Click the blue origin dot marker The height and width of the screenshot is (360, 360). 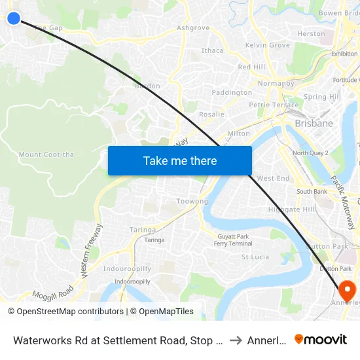click(x=13, y=18)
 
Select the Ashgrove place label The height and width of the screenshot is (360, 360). click(x=193, y=28)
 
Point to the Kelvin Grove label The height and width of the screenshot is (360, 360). click(x=267, y=45)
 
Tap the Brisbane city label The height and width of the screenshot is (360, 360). click(x=314, y=123)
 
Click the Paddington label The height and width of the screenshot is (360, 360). click(x=232, y=93)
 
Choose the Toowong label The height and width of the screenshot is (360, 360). click(x=192, y=202)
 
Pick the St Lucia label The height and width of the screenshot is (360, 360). click(x=255, y=257)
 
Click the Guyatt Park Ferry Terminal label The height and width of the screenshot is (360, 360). click(x=233, y=240)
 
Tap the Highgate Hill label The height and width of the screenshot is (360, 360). click(x=291, y=209)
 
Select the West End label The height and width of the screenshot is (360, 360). click(x=273, y=178)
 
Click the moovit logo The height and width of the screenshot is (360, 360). click(x=321, y=339)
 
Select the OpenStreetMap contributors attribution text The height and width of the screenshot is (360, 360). click(x=65, y=312)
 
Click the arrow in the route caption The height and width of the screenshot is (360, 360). click(x=236, y=340)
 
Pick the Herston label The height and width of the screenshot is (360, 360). click(x=311, y=34)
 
